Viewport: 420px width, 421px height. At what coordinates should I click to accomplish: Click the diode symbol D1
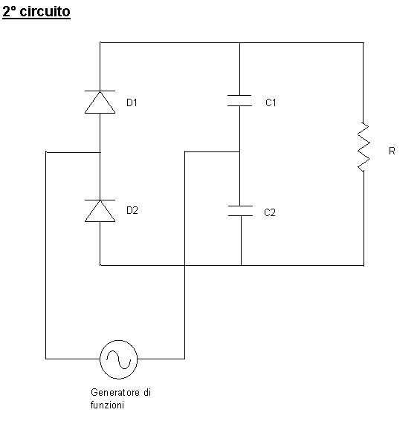coord(100,102)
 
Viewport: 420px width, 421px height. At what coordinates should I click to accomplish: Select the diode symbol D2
coord(100,211)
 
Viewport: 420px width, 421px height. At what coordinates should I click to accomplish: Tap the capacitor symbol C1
coord(239,101)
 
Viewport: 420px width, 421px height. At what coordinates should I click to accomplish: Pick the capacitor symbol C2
coord(240,211)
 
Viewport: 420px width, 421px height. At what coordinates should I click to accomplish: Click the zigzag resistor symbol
coord(364,147)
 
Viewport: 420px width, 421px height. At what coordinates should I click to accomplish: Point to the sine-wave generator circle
coord(119,359)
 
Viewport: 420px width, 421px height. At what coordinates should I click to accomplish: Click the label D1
coord(132,102)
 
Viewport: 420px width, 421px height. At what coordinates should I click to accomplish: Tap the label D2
coord(132,210)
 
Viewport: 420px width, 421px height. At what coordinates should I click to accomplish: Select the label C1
coord(271,102)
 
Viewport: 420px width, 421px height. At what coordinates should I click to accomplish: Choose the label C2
coord(270,212)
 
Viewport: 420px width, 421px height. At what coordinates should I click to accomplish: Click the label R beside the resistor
coord(392,151)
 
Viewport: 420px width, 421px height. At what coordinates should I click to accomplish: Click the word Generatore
coord(115,393)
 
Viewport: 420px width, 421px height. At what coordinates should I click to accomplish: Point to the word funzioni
coord(107,405)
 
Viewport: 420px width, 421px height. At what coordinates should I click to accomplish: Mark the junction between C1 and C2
coord(239,151)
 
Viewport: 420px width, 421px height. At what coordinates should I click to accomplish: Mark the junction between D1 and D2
coord(100,152)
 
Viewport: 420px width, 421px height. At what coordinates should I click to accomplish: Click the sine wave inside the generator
coord(119,359)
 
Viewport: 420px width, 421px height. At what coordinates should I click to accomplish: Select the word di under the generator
coord(147,393)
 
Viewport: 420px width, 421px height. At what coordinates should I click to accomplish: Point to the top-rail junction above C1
coord(239,42)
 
